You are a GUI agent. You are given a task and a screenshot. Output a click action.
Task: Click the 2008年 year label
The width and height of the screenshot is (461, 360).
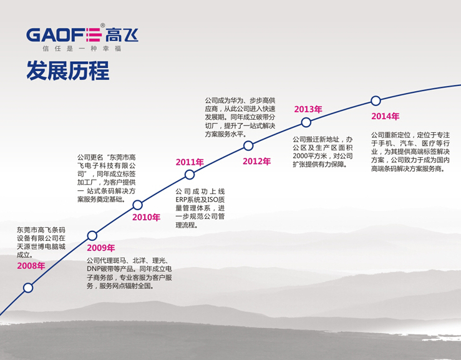[31, 266]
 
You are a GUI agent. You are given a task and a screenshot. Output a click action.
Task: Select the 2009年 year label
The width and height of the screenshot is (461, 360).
[101, 248]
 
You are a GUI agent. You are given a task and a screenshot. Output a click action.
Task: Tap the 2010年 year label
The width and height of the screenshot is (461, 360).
[146, 217]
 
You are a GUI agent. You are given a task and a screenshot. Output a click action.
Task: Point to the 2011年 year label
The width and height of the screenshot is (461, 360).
[190, 162]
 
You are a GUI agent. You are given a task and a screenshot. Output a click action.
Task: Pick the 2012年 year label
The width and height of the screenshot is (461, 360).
[256, 162]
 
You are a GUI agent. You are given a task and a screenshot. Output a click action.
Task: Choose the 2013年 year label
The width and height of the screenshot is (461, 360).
[308, 109]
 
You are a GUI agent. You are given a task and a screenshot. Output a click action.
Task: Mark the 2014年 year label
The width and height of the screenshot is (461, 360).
[385, 117]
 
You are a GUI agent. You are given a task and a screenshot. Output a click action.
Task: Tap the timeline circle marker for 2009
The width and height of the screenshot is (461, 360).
[92, 236]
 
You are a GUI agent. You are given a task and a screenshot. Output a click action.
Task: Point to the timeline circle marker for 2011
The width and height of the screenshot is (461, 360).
[190, 175]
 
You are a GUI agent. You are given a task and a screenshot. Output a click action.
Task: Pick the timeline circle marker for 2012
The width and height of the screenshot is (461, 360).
[248, 145]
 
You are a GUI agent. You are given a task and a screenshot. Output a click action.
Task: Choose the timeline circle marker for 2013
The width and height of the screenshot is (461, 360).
[306, 122]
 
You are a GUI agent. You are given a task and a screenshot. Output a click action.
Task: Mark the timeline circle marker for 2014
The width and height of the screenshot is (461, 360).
[376, 100]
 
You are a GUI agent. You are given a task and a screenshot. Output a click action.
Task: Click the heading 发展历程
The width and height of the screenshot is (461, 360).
[68, 71]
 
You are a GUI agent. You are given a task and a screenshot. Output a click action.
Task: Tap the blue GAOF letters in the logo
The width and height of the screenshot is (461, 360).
[56, 35]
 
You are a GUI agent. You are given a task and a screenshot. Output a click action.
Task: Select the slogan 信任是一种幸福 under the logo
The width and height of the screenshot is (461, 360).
[82, 49]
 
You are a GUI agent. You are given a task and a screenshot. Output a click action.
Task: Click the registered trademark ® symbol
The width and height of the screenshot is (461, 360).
[102, 26]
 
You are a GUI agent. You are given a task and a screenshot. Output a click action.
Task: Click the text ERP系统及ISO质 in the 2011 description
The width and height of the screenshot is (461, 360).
[200, 200]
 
